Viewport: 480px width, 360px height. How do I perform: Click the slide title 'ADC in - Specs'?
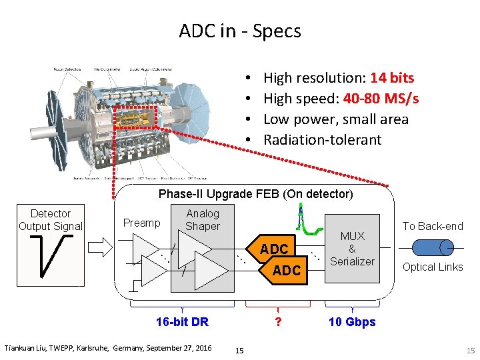tap(240, 31)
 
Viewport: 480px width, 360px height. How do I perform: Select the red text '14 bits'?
tap(392, 78)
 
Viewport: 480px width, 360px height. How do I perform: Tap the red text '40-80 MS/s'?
tap(381, 99)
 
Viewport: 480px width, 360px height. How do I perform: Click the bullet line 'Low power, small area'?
tap(335, 119)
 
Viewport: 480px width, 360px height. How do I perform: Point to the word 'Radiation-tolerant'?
tap(323, 140)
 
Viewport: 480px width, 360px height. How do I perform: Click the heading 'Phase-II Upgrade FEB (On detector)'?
tap(255, 194)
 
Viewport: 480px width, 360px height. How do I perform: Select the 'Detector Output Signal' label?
tap(51, 220)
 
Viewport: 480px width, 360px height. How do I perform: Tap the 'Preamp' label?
tap(142, 223)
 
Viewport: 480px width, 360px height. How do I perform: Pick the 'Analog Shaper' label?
tap(203, 219)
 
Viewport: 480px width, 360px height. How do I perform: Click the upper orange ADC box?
tap(274, 249)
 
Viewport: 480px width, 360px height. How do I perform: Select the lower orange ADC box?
tap(287, 270)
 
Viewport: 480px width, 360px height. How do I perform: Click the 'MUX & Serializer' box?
tap(352, 249)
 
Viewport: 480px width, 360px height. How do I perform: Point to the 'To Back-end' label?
tap(433, 226)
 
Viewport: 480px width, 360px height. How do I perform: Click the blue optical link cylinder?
tap(433, 248)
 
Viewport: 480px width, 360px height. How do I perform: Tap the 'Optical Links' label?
tap(433, 267)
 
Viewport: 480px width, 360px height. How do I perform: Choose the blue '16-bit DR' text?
tap(182, 322)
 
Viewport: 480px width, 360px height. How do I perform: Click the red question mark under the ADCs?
tap(277, 322)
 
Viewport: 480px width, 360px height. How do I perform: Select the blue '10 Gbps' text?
tap(352, 322)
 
